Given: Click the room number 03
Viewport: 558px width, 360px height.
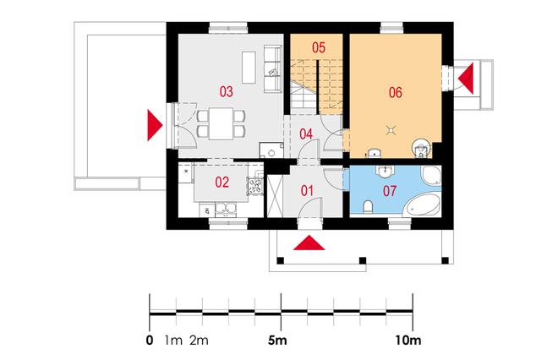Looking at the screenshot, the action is pos(227,91).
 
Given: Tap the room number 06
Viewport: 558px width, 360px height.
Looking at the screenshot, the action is pos(396,92).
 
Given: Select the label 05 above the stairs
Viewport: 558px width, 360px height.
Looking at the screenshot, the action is pos(319,47).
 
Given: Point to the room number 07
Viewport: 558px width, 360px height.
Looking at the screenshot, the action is pos(390,191).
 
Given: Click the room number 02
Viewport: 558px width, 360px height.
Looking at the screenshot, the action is pos(222,183).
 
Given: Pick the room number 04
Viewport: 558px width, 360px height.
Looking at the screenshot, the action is pos(306,134).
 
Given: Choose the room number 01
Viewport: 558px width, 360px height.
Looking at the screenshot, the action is pos(307,191).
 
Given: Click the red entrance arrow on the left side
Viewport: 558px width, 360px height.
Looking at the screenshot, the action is pos(156,125).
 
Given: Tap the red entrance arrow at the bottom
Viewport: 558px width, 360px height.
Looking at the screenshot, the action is pos(309,243).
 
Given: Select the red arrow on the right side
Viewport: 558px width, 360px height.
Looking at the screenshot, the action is pos(466,79).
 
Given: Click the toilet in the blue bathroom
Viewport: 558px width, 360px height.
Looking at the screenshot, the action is pos(369,207).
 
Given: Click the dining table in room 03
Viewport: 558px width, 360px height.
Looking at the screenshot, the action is pos(221,123).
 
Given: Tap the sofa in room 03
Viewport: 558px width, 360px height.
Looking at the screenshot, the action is pos(273,69).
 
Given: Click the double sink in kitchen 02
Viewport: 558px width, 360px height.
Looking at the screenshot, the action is pos(225,210).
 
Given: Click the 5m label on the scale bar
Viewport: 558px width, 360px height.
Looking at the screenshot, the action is pos(277,341).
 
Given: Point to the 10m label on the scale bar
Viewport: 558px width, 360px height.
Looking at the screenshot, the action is pos(408,341).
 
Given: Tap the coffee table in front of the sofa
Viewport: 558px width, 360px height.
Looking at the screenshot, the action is pos(249,68).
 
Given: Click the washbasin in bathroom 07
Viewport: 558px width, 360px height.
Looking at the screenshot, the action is pos(385,171).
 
